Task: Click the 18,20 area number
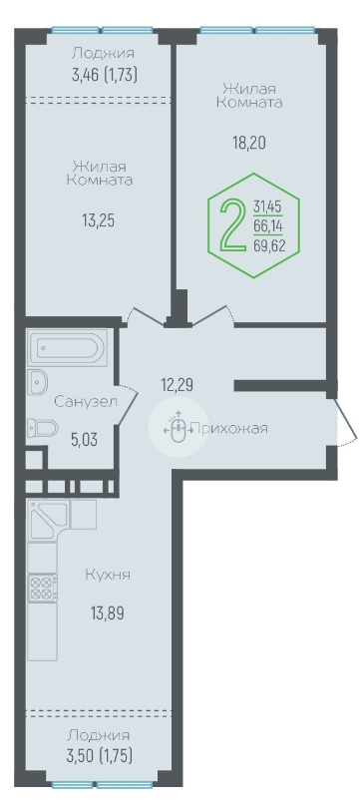[x=249, y=143]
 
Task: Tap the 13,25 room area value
[x=98, y=220]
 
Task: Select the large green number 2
[x=232, y=225]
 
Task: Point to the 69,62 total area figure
[x=269, y=245]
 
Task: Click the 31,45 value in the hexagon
[x=268, y=207]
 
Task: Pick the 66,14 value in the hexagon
[x=268, y=226]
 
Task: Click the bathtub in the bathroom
[x=67, y=348]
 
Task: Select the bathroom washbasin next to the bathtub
[x=38, y=381]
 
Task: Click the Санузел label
[x=86, y=401]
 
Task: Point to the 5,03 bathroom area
[x=84, y=440]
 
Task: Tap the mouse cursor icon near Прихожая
[x=179, y=427]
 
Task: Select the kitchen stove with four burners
[x=43, y=588]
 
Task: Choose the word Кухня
[x=108, y=575]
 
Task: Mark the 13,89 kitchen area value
[x=109, y=612]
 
